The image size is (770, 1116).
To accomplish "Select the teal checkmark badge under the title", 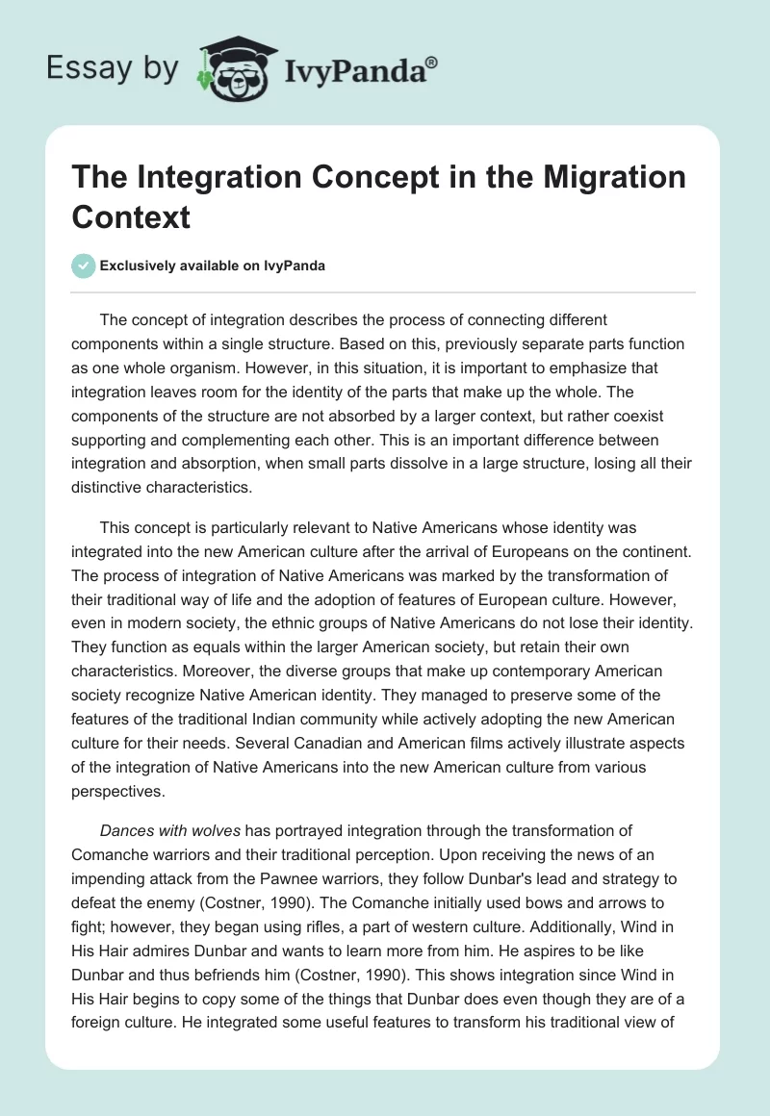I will tap(84, 266).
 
